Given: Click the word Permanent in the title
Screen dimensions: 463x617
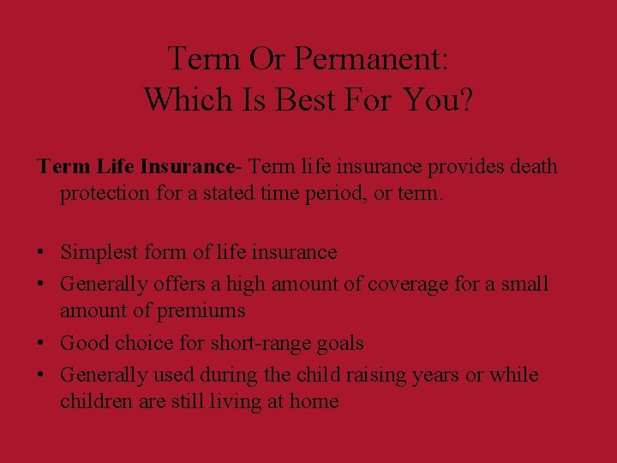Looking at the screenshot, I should click(x=371, y=59).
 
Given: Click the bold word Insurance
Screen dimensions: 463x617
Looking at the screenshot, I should click(x=187, y=165).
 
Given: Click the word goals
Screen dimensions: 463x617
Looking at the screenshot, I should click(x=340, y=343).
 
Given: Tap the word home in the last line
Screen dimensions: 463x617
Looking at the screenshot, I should click(x=313, y=401).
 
